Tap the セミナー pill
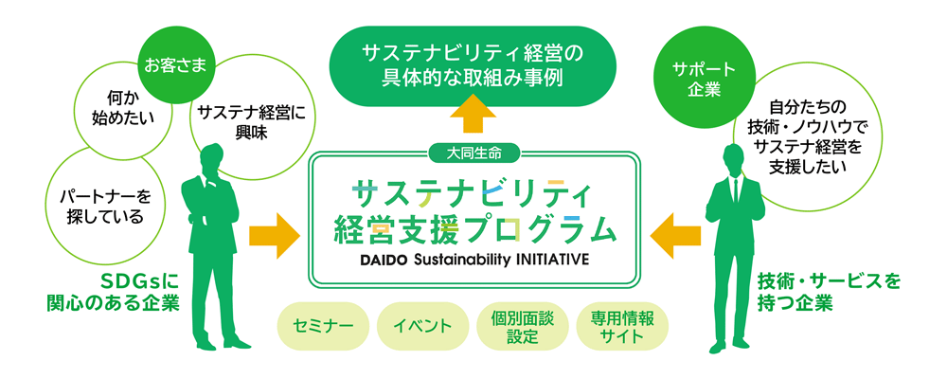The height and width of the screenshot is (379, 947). point(323,326)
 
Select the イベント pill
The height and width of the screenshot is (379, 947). point(422,326)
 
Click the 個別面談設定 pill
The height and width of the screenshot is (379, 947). point(523,326)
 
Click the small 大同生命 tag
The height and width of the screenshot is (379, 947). point(473,153)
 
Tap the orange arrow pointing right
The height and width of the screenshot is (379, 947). point(275,235)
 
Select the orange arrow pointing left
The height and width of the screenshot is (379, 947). point(675,235)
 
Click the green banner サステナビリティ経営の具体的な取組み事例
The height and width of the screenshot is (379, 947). point(473,66)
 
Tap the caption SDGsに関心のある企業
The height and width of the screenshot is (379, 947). point(114,291)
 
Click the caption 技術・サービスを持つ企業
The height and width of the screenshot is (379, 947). point(829,291)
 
